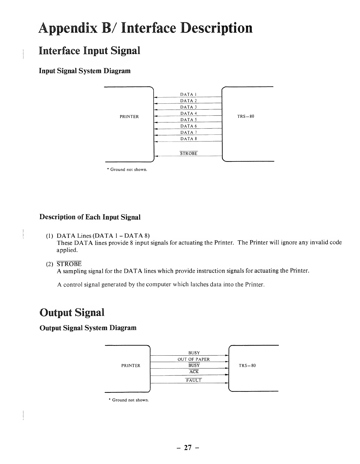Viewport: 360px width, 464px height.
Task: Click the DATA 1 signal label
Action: (188, 94)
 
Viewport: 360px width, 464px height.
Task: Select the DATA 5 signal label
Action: (188, 120)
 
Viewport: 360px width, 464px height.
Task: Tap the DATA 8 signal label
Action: (188, 139)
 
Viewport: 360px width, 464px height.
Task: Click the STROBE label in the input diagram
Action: (189, 153)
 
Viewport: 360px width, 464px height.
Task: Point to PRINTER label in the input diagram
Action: (129, 117)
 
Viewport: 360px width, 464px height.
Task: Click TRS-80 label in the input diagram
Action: (246, 117)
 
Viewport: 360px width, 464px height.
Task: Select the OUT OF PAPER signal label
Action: (194, 359)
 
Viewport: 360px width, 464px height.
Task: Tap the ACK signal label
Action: (194, 372)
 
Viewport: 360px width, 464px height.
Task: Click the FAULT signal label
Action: (194, 381)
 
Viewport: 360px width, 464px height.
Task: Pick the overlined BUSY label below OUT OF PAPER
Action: (194, 366)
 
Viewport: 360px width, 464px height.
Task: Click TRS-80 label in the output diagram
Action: (247, 366)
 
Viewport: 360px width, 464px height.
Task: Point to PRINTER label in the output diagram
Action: (131, 366)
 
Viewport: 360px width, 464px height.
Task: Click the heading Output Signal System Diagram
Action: (88, 328)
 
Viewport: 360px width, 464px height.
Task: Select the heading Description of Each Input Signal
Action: (90, 217)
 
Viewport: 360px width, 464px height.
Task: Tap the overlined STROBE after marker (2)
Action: (69, 264)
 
